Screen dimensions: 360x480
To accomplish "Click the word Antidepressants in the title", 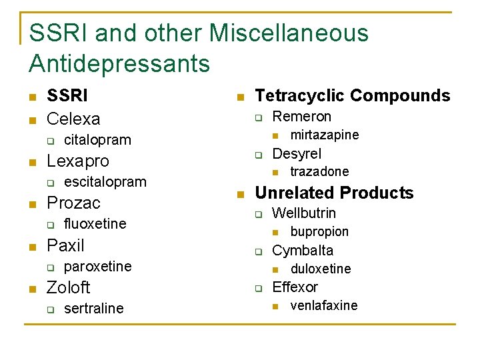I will point(119,64).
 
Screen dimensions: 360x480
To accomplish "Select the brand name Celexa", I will point(73,119).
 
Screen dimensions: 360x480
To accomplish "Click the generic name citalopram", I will point(97,140).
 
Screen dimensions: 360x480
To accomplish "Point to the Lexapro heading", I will point(77,161).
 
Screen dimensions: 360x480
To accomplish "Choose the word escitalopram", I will point(105,181).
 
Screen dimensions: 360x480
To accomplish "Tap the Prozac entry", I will point(73,203).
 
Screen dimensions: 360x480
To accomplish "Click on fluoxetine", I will point(95,223).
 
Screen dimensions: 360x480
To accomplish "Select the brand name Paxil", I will point(65,245).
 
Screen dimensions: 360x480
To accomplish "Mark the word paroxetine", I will point(97,266).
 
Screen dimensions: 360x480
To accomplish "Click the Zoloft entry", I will point(68,287).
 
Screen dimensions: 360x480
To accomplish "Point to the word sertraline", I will point(93,308).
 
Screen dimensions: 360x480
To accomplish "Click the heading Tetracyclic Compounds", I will point(353,96).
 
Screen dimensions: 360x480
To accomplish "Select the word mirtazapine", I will point(325,135).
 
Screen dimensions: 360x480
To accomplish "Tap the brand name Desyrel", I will point(297,154).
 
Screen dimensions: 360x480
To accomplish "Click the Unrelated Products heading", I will point(335,193).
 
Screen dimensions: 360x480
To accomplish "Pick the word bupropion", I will point(319,232).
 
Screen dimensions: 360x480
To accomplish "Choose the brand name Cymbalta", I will point(303,251).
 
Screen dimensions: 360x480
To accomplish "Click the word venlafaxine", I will point(324,306).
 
